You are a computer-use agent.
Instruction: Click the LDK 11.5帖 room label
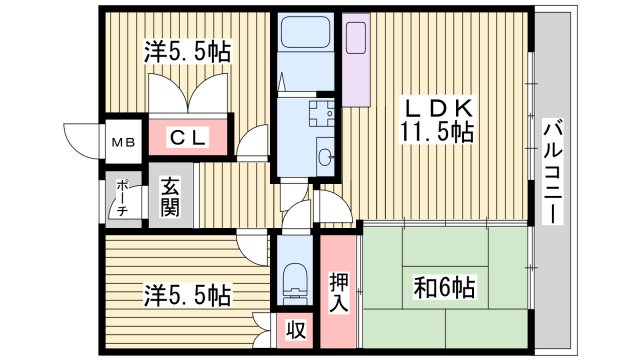coord(438,119)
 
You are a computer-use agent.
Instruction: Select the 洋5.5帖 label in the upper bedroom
coord(188,51)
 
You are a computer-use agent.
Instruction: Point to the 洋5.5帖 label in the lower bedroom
coord(188,295)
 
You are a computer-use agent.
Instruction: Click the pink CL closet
coord(188,138)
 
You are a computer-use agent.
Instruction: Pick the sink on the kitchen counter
coord(357,36)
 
